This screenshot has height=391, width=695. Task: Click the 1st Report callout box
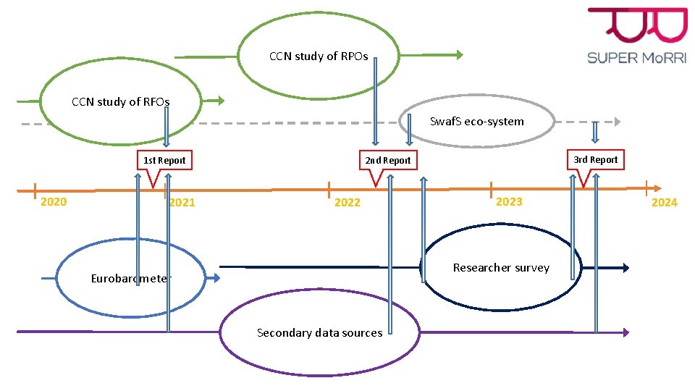coord(164,160)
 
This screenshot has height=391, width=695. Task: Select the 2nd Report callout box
coord(387,160)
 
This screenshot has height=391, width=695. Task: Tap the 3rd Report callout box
coord(595,159)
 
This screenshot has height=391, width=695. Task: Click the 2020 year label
coord(54,202)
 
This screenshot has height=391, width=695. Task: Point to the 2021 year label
coord(182,203)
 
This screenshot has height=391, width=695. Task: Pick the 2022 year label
coord(347,203)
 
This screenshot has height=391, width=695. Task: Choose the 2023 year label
coord(508,202)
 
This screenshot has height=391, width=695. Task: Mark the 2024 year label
coord(664,203)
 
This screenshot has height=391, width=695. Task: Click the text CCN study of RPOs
coord(319,56)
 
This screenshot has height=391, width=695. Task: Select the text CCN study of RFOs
coord(121,102)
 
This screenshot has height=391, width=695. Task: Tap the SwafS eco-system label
coord(476,121)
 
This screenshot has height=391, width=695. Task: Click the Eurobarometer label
coord(131,279)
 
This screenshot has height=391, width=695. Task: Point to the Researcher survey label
coord(501,268)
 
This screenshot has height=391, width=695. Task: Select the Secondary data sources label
coord(319,333)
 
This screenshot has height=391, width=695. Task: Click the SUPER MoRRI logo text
coord(637,57)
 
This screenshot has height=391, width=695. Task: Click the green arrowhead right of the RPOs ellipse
coord(458,54)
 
